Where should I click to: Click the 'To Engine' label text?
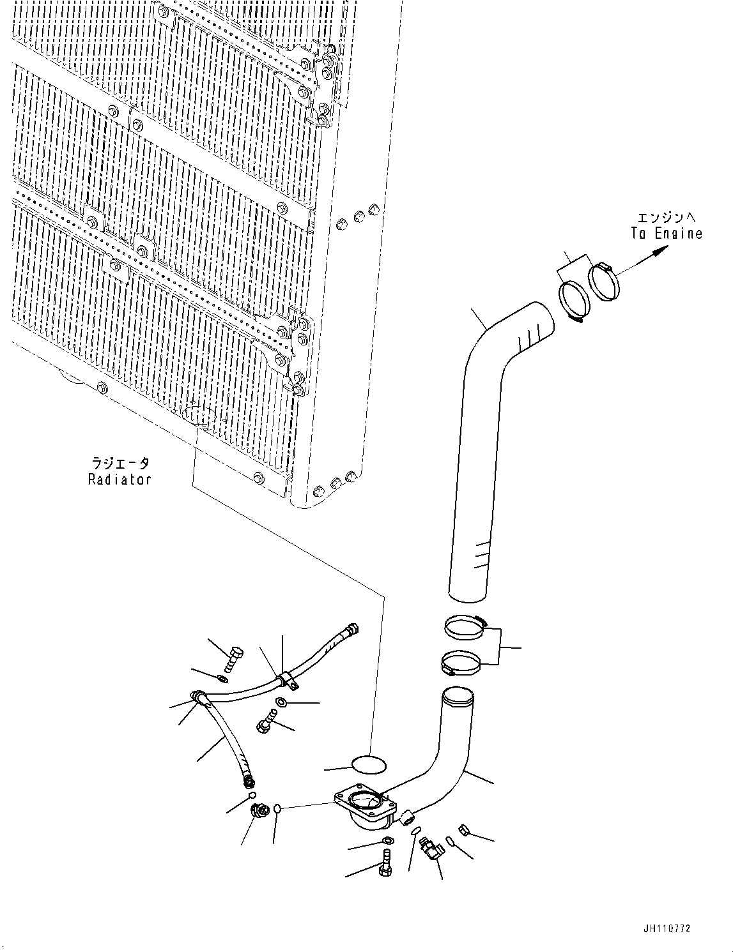(667, 234)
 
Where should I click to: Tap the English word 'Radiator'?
(120, 479)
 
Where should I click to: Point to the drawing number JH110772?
(667, 929)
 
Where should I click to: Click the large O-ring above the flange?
(369, 765)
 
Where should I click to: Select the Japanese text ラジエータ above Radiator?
(120, 464)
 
